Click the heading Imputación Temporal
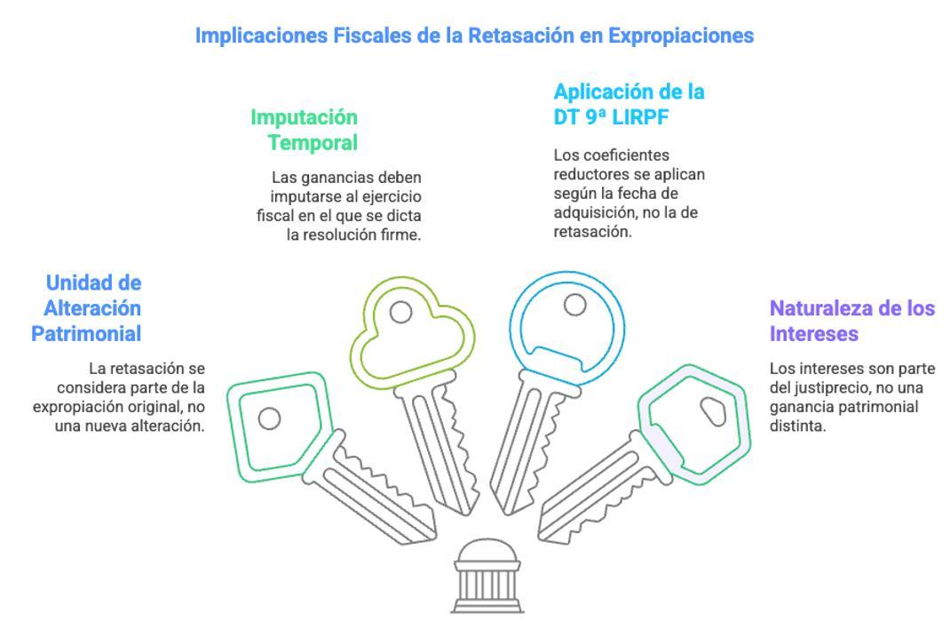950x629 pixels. [x=304, y=130]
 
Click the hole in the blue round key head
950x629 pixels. [x=576, y=304]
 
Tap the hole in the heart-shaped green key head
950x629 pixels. [x=400, y=312]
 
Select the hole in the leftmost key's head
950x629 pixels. [x=269, y=417]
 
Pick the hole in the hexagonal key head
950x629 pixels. [x=713, y=410]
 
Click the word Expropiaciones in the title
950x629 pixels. [x=683, y=36]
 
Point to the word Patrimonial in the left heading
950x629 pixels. [x=87, y=332]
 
